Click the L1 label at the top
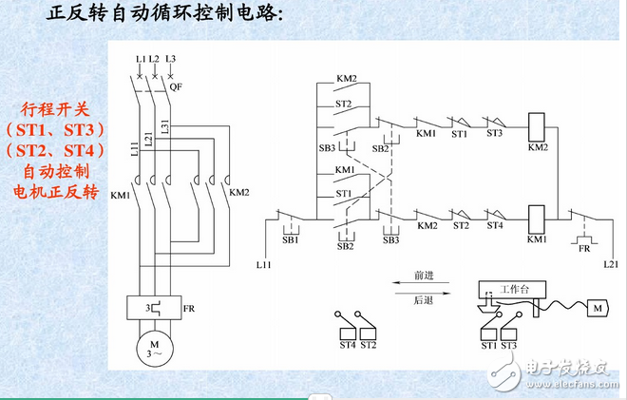click(140, 59)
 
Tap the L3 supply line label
click(170, 59)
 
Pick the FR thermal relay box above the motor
click(150, 308)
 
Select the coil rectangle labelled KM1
click(537, 216)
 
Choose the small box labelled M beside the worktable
click(597, 309)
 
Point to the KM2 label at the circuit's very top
click(346, 78)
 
